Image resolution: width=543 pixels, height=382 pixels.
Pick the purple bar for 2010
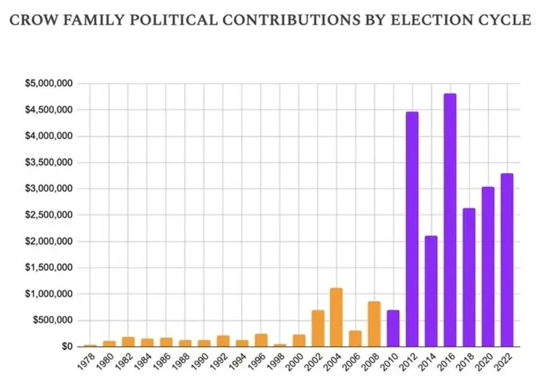[x=393, y=328]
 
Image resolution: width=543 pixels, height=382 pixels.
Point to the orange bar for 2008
[x=374, y=324]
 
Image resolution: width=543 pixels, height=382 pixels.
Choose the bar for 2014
[x=431, y=291]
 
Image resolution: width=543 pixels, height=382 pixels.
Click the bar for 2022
[x=506, y=260]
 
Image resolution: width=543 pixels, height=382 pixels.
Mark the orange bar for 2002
[x=317, y=328]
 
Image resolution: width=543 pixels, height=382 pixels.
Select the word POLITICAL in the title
[x=173, y=21]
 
